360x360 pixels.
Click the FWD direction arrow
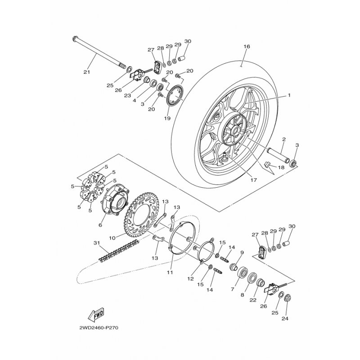(x=96, y=315)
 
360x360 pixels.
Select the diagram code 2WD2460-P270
(x=99, y=328)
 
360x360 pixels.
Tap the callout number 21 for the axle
(x=86, y=72)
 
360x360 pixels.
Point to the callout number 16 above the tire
(x=247, y=46)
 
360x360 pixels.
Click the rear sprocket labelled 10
(x=142, y=215)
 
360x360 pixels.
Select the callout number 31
(x=97, y=243)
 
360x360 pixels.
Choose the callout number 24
(x=285, y=319)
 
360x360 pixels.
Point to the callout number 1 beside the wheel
(x=289, y=95)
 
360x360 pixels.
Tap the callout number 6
(x=100, y=225)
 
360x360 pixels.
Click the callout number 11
(x=170, y=273)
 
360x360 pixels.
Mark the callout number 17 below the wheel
(x=253, y=180)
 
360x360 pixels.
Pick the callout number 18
(x=281, y=167)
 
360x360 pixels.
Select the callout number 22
(x=253, y=300)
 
